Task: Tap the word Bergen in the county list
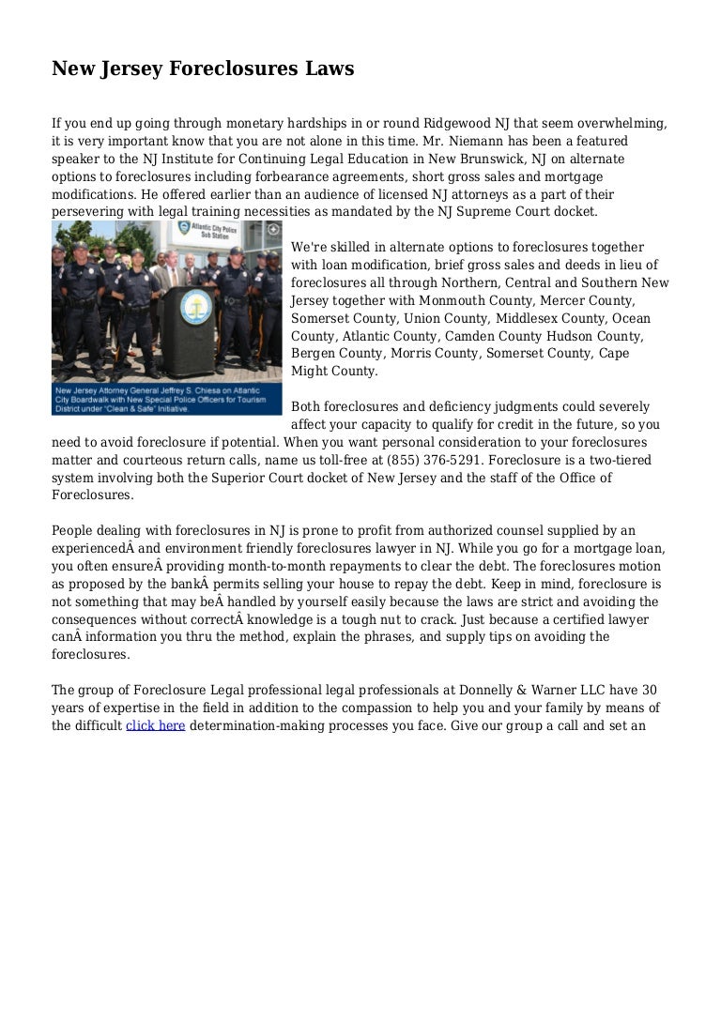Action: click(x=313, y=354)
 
